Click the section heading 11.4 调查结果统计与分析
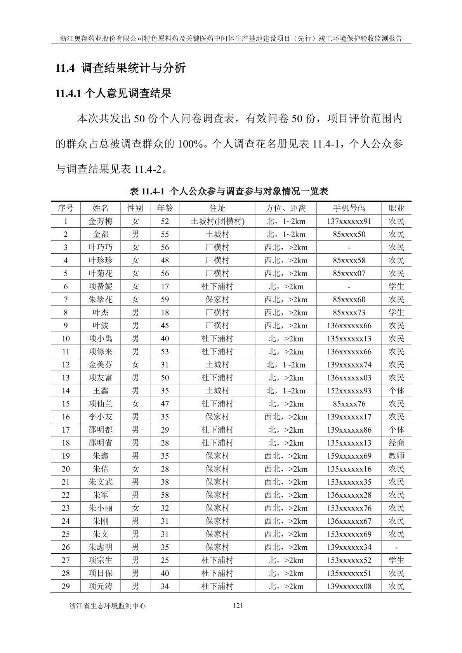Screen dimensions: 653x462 point(120,68)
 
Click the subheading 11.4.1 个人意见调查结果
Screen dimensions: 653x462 point(113,94)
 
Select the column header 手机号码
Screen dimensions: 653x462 point(349,208)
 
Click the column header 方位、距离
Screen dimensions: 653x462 point(286,208)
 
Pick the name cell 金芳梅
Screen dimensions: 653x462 point(101,221)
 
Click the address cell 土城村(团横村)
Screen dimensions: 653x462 point(217,221)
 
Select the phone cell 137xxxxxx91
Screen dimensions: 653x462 point(349,221)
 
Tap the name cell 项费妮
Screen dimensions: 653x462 point(101,286)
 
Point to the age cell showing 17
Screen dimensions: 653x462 point(165,286)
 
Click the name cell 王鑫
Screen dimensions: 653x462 point(101,391)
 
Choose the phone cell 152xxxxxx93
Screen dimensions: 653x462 point(349,391)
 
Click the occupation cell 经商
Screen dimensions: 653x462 point(396,443)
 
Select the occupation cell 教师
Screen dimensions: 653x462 point(396,456)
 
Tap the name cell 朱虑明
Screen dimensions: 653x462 point(101,547)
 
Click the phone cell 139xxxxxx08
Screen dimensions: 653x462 point(349,586)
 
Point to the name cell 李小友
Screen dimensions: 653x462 point(101,417)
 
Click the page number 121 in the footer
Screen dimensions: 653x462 point(237,606)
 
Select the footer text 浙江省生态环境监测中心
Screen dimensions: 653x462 point(107,606)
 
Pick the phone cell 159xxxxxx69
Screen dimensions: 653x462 point(349,456)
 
